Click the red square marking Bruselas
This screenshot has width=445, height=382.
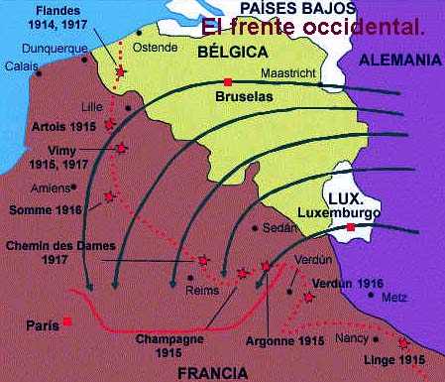pos(228,81)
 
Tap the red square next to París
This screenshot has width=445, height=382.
pos(67,320)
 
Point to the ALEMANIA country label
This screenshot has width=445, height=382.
pos(398,61)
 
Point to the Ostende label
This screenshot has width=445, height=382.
pos(161,48)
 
